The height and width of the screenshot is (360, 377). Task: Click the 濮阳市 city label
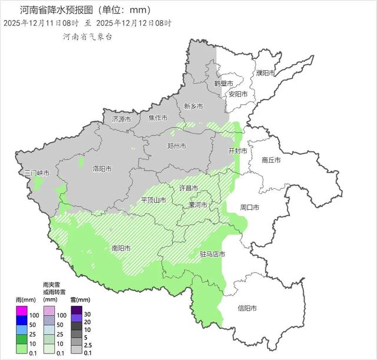[x=266, y=73]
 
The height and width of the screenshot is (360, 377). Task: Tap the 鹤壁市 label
[x=223, y=84]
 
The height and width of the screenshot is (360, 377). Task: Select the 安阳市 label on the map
[x=238, y=94]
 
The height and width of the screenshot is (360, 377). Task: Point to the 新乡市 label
[x=193, y=107]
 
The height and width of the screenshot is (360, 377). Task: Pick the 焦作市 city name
[x=158, y=118]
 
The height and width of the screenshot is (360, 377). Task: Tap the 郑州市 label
[x=177, y=146]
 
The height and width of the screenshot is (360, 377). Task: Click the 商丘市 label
[x=271, y=160]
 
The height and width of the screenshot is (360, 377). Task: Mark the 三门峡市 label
[x=37, y=173]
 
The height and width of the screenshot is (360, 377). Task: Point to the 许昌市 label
[x=188, y=188]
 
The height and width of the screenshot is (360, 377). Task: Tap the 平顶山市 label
[x=154, y=200]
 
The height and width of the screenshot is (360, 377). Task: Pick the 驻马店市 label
[x=213, y=255]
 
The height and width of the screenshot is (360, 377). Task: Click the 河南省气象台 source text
[x=88, y=37]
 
